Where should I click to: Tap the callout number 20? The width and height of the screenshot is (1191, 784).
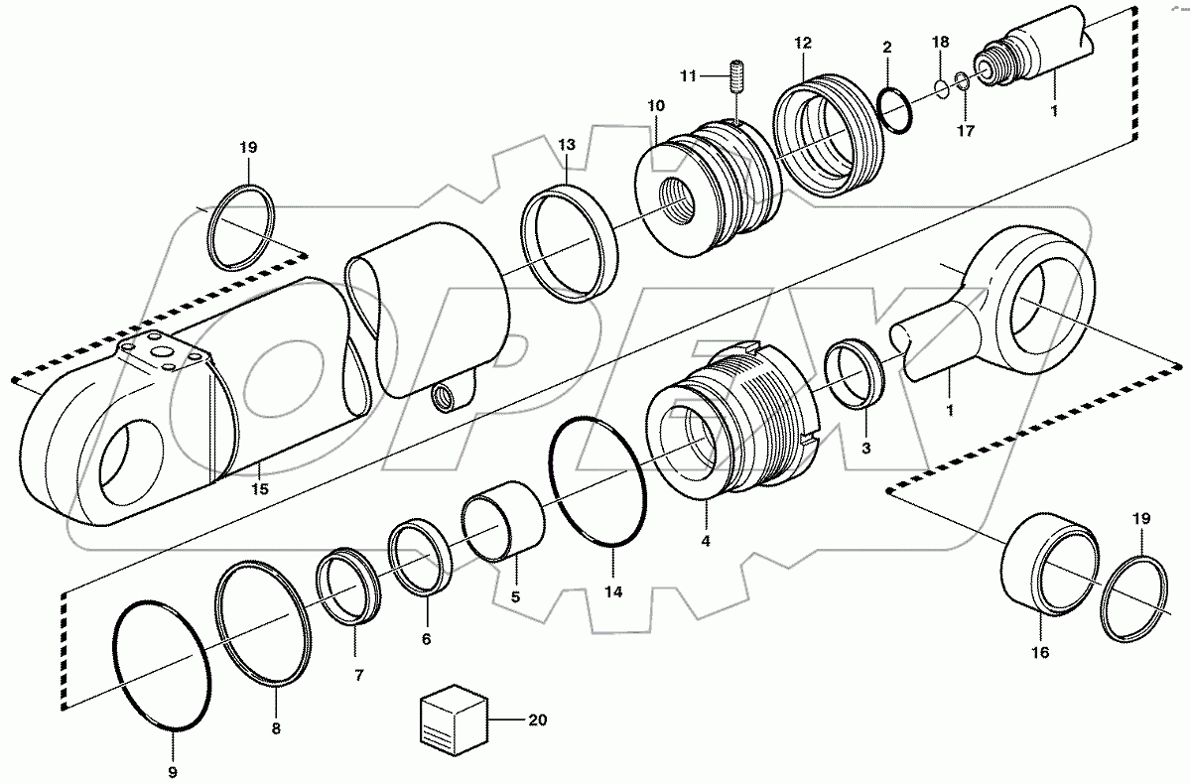point(538,719)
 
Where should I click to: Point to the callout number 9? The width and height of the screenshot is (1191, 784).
point(173,771)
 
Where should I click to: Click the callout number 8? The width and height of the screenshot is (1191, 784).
point(276,727)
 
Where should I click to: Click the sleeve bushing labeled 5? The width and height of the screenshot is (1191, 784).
point(503,519)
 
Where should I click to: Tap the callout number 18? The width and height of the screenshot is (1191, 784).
point(940,42)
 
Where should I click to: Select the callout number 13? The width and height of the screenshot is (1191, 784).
point(566,145)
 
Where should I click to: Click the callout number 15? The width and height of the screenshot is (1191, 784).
point(260,489)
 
